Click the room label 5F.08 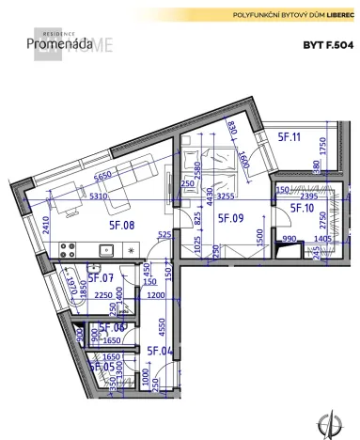(x=123, y=226)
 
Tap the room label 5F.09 (x=231, y=218)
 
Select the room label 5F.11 (x=288, y=137)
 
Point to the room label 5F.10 (x=301, y=208)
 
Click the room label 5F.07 (x=100, y=277)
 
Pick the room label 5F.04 (x=160, y=351)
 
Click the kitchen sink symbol (x=107, y=251)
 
